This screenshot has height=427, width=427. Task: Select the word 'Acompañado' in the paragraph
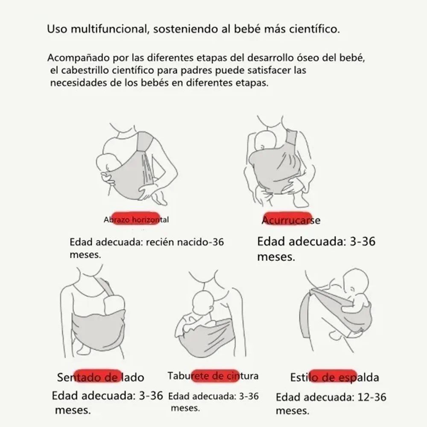click(73, 57)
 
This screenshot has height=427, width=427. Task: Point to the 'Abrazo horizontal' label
click(136, 220)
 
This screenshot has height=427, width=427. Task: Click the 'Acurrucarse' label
click(290, 220)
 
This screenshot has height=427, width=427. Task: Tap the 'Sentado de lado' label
click(100, 377)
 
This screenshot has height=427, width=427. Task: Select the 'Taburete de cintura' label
click(213, 376)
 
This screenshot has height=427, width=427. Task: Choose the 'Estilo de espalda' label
click(334, 377)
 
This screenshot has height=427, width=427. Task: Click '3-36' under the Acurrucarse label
click(362, 242)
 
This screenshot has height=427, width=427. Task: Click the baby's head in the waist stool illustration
click(206, 303)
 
